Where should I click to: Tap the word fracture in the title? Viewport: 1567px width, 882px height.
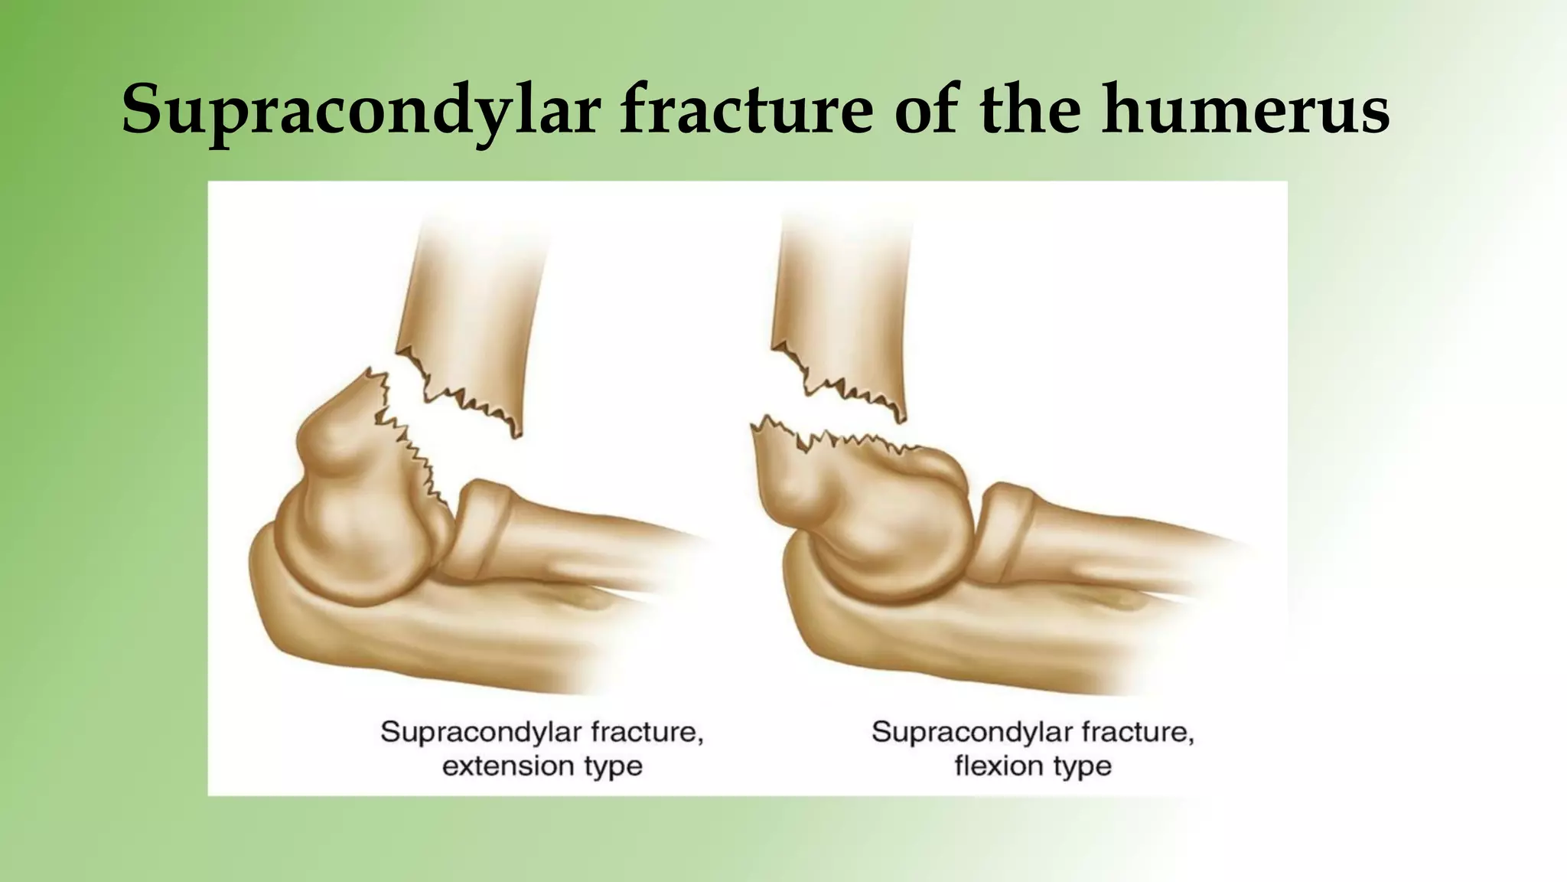[x=745, y=109]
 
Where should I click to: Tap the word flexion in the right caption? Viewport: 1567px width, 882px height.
[x=998, y=766]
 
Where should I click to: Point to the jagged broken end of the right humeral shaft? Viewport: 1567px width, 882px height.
[x=842, y=390]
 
